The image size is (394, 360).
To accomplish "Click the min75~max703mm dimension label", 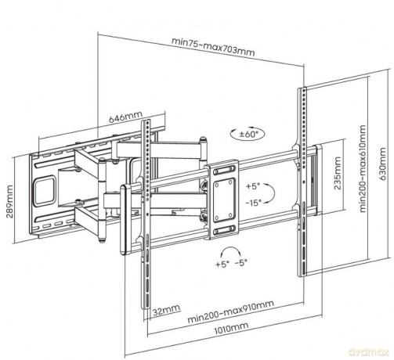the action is [x=213, y=47].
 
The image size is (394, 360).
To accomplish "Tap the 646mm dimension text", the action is [x=125, y=117].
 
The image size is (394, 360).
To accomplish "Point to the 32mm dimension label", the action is [x=166, y=310].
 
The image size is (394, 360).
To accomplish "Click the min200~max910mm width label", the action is [x=231, y=311].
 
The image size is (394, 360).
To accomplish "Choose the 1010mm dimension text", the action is [x=231, y=328].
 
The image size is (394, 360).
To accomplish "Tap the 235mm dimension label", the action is [x=338, y=173].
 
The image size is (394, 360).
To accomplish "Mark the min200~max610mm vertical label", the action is [x=363, y=169].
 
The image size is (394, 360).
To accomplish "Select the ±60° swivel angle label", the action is [x=248, y=135].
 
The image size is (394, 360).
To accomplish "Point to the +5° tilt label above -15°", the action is [x=253, y=186].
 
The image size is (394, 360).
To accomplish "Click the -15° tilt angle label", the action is [x=254, y=203].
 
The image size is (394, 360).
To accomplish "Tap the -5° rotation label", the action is [x=240, y=263].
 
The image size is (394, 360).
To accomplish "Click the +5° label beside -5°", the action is [x=222, y=264].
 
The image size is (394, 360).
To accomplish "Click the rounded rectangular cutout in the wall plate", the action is [x=45, y=190].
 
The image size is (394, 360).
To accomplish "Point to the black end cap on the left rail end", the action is [x=124, y=220].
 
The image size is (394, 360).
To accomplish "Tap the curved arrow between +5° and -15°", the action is [x=271, y=193].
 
